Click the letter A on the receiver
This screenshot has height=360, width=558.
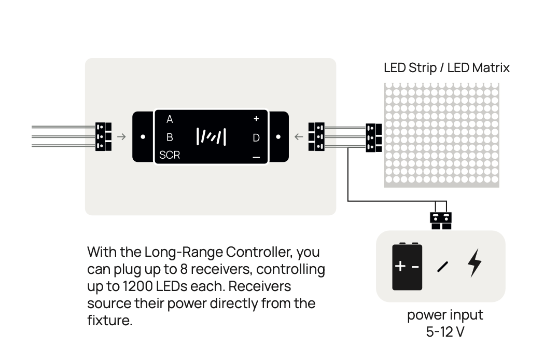pyautogui.click(x=170, y=119)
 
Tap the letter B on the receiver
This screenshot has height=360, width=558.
pyautogui.click(x=170, y=137)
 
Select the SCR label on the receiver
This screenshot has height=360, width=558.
pyautogui.click(x=170, y=155)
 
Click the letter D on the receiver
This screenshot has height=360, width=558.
pyautogui.click(x=256, y=138)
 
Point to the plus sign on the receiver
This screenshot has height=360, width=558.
pyautogui.click(x=256, y=119)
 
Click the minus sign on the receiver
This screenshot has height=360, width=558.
pyautogui.click(x=256, y=157)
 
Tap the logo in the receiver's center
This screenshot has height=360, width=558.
pyautogui.click(x=212, y=137)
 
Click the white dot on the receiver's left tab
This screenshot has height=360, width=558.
pyautogui.click(x=143, y=137)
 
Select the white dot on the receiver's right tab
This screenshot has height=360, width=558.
pyautogui.click(x=278, y=137)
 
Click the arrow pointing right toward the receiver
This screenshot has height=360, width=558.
pyautogui.click(x=121, y=137)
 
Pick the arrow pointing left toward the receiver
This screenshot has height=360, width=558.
pyautogui.click(x=299, y=137)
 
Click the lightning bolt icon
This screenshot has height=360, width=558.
pyautogui.click(x=475, y=263)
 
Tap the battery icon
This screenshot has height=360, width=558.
pyautogui.click(x=407, y=266)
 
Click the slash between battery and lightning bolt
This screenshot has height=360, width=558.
pyautogui.click(x=443, y=267)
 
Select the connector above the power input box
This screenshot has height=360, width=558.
pyautogui.click(x=441, y=221)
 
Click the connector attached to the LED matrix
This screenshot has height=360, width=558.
pyautogui.click(x=374, y=138)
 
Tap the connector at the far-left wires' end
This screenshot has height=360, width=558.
pyautogui.click(x=103, y=137)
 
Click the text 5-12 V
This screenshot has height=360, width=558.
pyautogui.click(x=445, y=332)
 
